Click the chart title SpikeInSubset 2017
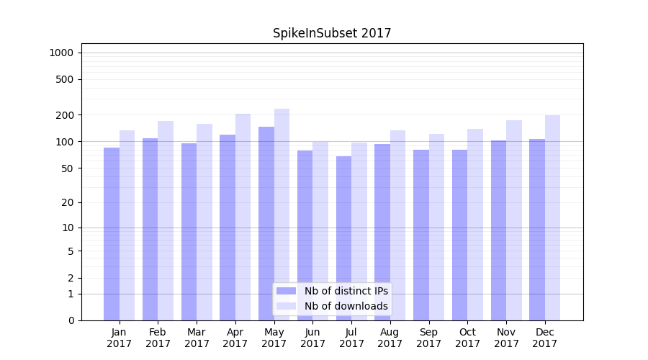[x=332, y=33]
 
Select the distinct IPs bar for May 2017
[x=266, y=223]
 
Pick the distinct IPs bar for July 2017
[x=343, y=238]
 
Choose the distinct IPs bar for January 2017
[x=112, y=234]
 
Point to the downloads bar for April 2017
[x=243, y=217]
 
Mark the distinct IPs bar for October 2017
[x=459, y=235]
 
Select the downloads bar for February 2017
[x=166, y=220]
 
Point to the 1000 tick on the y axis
[x=61, y=53]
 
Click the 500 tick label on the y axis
[x=64, y=79]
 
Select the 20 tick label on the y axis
[x=67, y=202]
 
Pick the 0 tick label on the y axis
[x=71, y=320]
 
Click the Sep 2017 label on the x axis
[x=428, y=338]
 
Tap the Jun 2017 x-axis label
[x=312, y=338]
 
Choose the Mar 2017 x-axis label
[x=197, y=338]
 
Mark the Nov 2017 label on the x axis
[x=506, y=338]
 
